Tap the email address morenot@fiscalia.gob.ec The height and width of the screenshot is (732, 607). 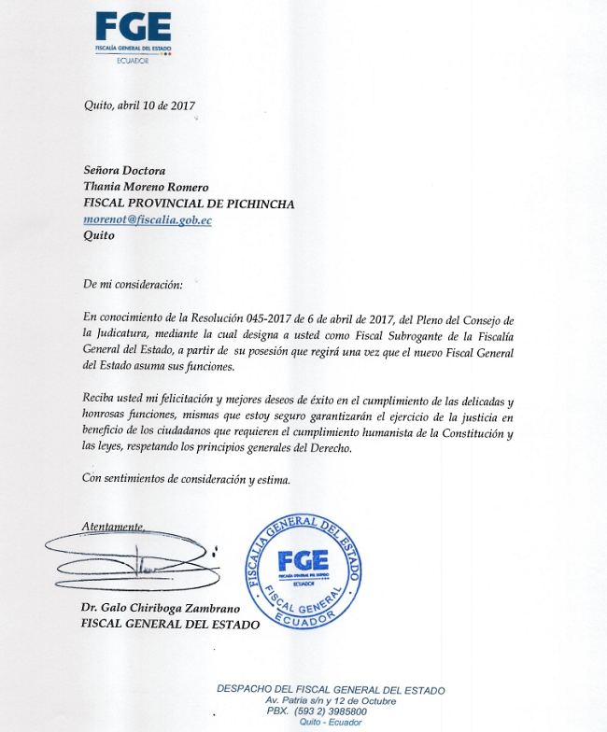coord(148,219)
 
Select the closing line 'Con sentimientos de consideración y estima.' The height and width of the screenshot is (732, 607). coord(186,480)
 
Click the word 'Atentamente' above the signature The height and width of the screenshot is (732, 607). coord(112,527)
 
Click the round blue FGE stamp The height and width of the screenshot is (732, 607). coord(303,570)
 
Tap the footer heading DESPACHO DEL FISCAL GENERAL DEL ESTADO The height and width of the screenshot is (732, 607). coord(331,690)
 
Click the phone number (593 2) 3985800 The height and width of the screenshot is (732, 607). coord(333,711)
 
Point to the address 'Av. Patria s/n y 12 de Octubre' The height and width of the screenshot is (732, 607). coord(331,700)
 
